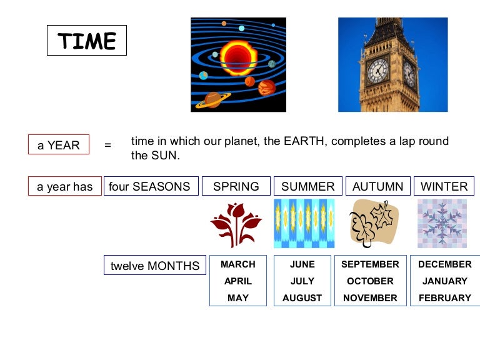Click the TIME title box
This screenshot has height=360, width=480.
point(87,41)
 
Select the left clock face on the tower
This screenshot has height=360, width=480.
point(377,70)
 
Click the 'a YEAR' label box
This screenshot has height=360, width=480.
point(59,145)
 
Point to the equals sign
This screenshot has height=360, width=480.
point(107,145)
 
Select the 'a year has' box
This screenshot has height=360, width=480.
point(65,186)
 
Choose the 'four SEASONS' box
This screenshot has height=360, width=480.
point(150,186)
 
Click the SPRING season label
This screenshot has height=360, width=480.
point(236,186)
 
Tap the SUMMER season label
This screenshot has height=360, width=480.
point(308,186)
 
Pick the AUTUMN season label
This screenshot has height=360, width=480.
point(378,186)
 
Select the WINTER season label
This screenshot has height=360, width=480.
point(444,186)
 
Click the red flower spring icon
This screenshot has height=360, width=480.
point(236,224)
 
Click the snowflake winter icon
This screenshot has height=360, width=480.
point(442,223)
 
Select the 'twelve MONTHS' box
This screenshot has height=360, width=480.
point(155,266)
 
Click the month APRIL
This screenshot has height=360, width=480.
point(238,281)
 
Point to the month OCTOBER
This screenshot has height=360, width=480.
point(370,281)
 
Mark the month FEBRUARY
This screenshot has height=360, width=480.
point(445,298)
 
